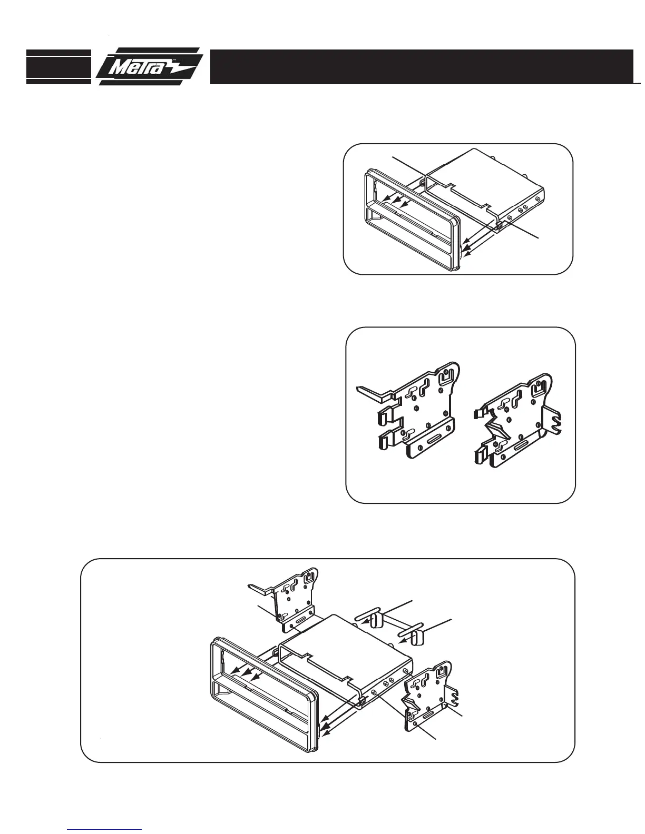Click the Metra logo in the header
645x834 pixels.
(149, 67)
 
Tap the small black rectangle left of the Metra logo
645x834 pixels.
(58, 67)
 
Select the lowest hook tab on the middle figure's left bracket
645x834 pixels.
(383, 441)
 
